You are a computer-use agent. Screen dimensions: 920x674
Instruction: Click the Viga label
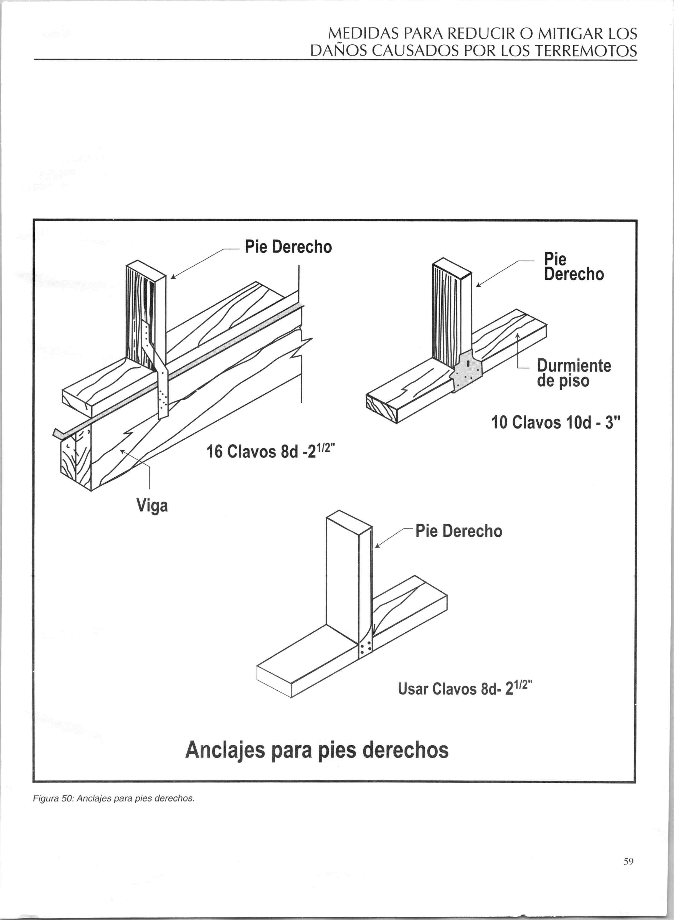click(152, 506)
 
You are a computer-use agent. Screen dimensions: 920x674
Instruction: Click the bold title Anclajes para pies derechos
click(316, 750)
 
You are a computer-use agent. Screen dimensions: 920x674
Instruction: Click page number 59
click(628, 861)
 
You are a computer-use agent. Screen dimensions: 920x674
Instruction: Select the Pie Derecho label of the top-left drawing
click(288, 247)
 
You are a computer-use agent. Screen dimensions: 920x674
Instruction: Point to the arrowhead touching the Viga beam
click(121, 451)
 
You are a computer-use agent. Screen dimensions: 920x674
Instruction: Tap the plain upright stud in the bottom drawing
click(343, 571)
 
